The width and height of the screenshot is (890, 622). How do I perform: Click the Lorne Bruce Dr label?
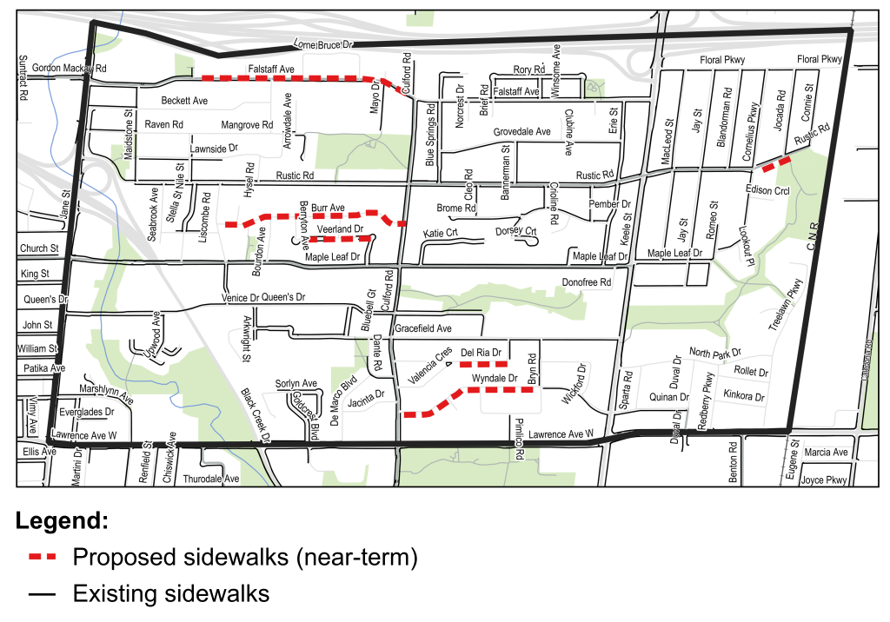322,44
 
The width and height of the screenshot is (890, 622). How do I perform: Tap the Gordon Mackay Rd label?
69,68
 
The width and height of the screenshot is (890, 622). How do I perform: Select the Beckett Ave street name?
184,101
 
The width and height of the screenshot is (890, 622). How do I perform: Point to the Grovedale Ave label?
521,132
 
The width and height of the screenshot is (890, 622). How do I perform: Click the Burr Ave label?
328,208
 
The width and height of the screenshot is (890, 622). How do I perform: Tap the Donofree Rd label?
586,282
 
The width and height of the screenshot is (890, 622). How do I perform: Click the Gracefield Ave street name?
423,329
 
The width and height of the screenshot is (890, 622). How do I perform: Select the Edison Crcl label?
767,190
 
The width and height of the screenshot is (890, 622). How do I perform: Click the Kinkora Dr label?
743,397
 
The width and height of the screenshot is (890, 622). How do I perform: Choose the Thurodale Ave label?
210,479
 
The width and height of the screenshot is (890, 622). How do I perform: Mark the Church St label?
39,248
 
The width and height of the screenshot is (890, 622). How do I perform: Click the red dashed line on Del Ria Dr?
483,364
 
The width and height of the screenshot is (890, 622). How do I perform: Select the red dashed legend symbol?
42,555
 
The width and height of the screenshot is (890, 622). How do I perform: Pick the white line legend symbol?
42,598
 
